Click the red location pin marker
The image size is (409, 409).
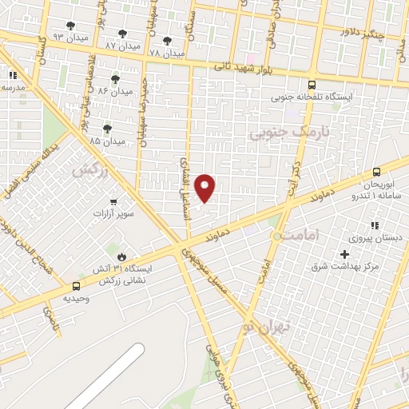205,188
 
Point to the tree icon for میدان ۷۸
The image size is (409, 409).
166,41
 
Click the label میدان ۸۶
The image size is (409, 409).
114,91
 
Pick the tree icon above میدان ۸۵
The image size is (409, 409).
107,128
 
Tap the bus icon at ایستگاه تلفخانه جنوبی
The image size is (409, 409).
312,84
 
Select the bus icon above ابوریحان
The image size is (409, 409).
377,172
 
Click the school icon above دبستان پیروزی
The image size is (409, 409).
375,225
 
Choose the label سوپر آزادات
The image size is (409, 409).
115,214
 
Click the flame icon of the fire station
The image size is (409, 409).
122,256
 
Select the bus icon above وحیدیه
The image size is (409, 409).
77,285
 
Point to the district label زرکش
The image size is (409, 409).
89,170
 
